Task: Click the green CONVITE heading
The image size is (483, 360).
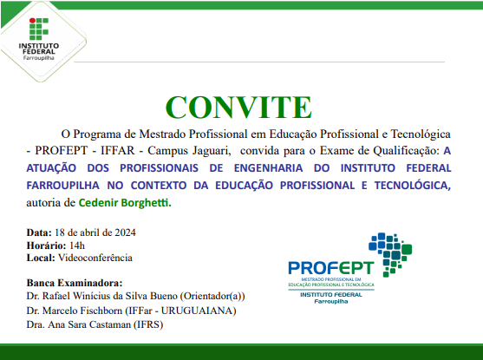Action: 238,107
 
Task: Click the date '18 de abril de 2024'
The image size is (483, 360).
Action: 94,232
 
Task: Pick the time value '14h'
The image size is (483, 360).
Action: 79,245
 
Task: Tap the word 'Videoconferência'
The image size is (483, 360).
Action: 95,258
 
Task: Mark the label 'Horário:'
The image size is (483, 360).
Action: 45,245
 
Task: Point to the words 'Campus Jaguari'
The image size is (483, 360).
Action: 166,149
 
